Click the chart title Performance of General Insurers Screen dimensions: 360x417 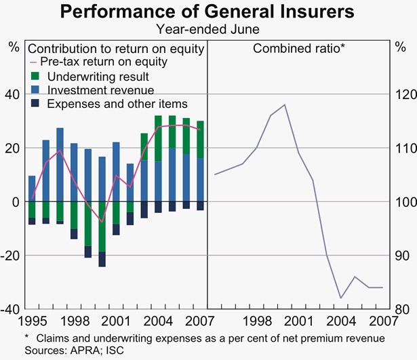(x=208, y=12)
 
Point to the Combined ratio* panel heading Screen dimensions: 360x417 (x=299, y=48)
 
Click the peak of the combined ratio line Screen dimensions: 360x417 (x=285, y=104)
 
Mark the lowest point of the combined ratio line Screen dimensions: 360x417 (x=341, y=298)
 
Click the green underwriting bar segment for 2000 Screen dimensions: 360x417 (x=102, y=226)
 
